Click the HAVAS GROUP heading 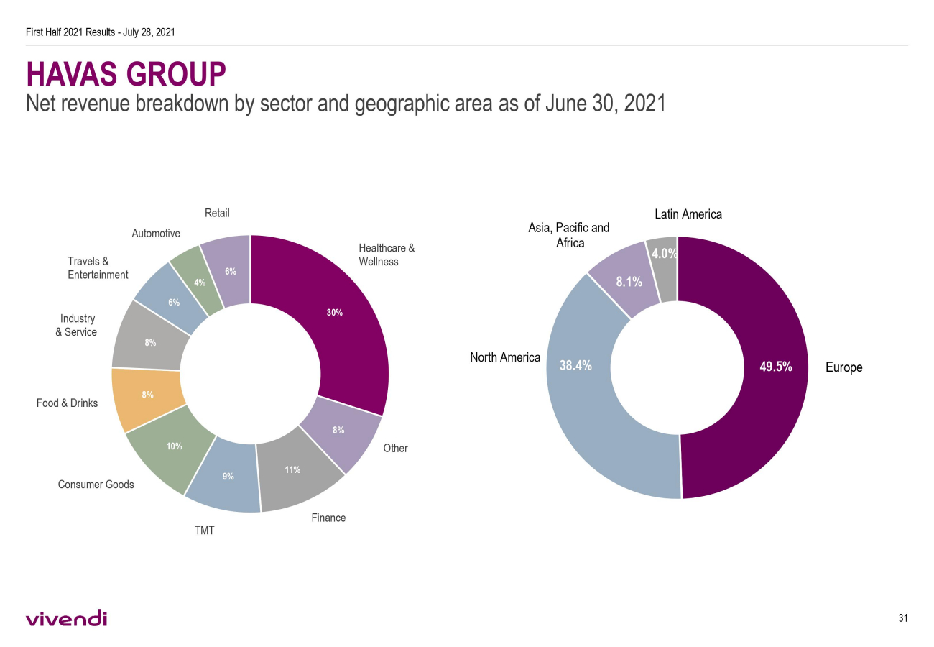126,74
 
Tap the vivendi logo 66,618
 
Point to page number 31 903,618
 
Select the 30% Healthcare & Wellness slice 338,316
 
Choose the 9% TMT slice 226,478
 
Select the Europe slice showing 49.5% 762,367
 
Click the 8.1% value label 629,282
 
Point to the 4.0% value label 664,253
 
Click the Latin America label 688,214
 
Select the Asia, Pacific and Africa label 568,235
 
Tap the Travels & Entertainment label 98,268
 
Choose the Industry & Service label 76,325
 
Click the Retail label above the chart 217,213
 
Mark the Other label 395,448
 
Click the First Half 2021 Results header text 101,32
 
